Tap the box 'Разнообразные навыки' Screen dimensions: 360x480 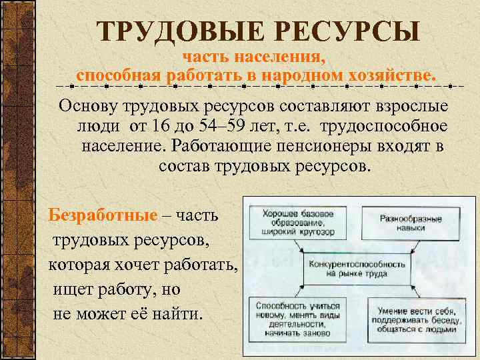coord(412,223)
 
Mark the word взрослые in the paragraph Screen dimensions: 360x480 coord(414,107)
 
